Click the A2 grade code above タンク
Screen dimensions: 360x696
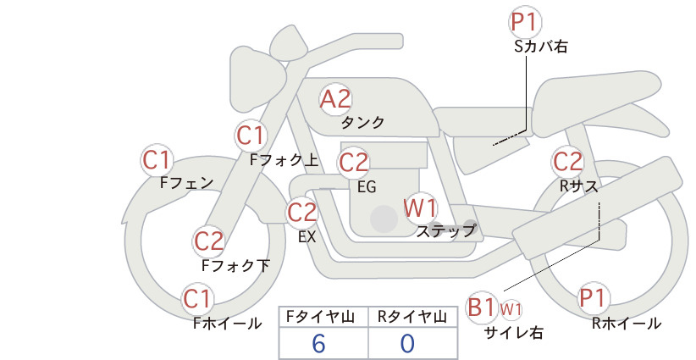click(x=335, y=99)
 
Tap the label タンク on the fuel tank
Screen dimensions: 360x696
click(x=362, y=123)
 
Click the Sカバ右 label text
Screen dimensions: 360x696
click(x=540, y=47)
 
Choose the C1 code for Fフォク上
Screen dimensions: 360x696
click(x=251, y=135)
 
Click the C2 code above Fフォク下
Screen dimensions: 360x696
click(x=209, y=241)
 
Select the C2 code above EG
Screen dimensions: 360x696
click(x=353, y=161)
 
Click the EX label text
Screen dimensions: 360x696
click(x=307, y=237)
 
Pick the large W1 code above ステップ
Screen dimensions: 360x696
click(x=420, y=207)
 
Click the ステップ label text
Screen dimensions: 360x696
click(x=445, y=230)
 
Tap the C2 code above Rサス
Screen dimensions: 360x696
click(x=567, y=160)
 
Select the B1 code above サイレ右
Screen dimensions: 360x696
click(x=482, y=307)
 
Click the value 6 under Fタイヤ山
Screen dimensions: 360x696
click(x=318, y=343)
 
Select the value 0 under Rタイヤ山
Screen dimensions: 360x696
click(x=407, y=343)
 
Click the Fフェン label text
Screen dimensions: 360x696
click(x=186, y=182)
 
